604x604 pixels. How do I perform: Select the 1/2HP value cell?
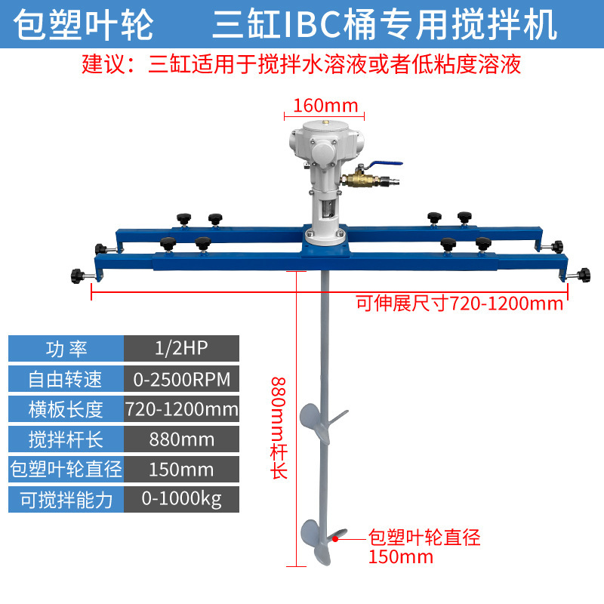point(181,348)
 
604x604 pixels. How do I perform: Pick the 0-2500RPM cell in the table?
point(181,378)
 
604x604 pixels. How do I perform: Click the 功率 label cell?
point(66,348)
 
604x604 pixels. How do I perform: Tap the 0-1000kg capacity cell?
point(181,499)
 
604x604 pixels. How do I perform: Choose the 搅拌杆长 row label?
point(66,439)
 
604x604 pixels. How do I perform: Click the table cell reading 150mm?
point(181,469)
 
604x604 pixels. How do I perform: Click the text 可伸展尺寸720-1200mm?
point(460,304)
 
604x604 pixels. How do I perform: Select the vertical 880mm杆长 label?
point(279,423)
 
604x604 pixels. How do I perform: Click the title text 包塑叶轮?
point(84,26)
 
